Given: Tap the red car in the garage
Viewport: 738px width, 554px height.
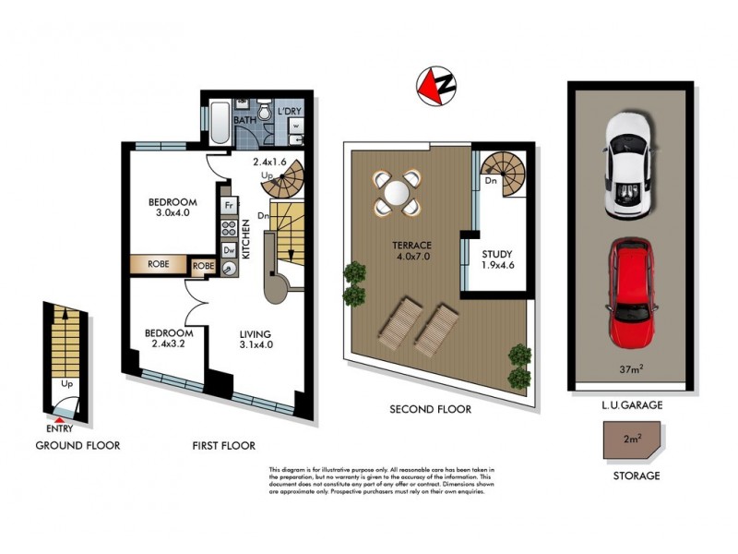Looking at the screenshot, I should click(x=630, y=294).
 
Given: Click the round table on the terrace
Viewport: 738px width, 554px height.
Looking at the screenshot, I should click(x=396, y=195).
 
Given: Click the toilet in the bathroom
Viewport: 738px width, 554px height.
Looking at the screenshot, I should click(x=264, y=114).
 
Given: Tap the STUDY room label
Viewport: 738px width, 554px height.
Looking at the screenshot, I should click(x=496, y=255).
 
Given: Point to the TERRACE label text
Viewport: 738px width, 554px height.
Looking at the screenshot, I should click(x=410, y=245).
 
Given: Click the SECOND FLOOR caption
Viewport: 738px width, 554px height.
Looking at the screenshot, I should click(x=430, y=409).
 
